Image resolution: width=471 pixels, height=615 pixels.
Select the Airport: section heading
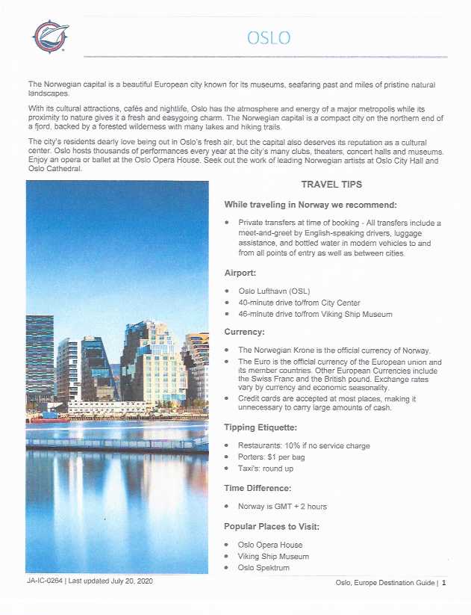243,273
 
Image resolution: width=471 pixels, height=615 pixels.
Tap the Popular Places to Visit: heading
273,526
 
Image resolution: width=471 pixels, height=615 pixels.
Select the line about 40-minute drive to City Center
299,303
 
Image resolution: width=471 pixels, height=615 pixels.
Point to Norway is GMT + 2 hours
282,507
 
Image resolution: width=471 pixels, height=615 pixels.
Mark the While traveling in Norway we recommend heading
310,205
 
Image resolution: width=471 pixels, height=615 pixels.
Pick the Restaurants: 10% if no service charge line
304,446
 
